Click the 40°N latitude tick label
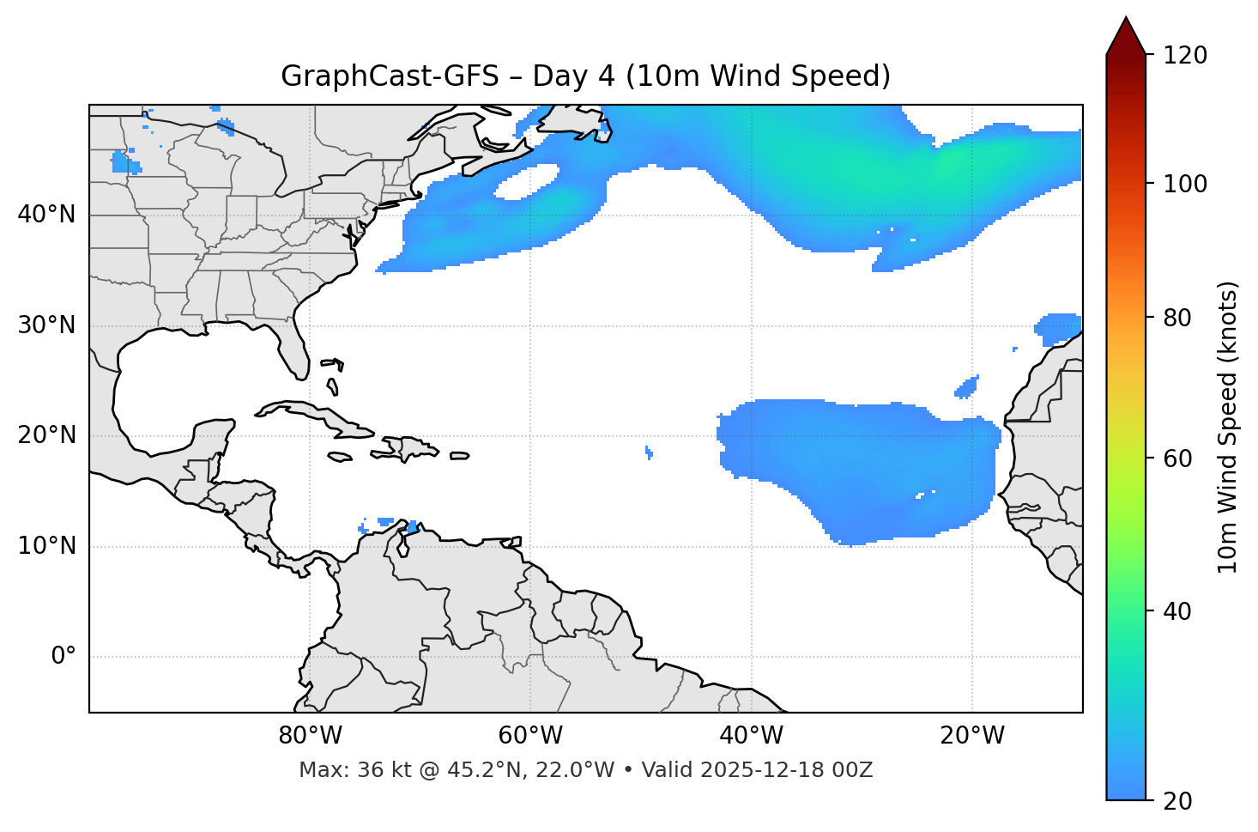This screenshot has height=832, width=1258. click(x=46, y=215)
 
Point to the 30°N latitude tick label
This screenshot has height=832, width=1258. click(x=46, y=325)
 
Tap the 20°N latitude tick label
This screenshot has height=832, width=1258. click(x=46, y=435)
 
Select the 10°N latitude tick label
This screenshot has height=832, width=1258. click(x=46, y=546)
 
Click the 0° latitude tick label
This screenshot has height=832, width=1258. click(x=64, y=657)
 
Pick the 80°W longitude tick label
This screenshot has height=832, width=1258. click(x=310, y=736)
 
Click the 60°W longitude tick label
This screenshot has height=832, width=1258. click(x=530, y=736)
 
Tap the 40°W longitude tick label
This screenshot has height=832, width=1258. click(x=751, y=736)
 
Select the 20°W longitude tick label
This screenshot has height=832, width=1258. click(x=972, y=736)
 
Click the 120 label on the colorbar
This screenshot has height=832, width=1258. click(x=1184, y=56)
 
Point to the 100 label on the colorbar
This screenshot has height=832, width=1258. click(x=1184, y=184)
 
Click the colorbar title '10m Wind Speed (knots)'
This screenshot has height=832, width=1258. click(x=1228, y=428)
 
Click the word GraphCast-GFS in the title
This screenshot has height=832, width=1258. click(x=390, y=76)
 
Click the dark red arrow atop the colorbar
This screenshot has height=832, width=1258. click(x=1126, y=36)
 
